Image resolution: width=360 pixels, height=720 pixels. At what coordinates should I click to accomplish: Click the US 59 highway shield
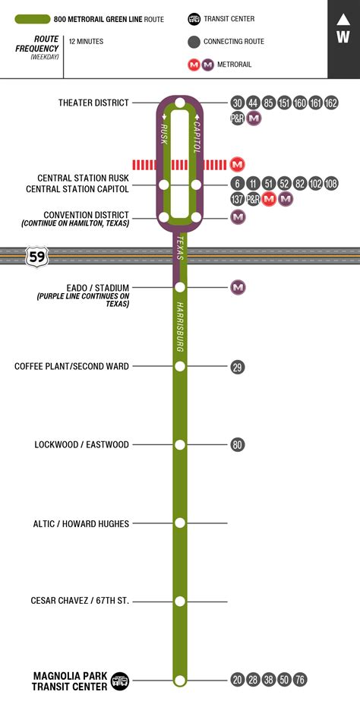tap(36, 257)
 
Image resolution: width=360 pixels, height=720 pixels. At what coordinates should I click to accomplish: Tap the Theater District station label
tap(93, 103)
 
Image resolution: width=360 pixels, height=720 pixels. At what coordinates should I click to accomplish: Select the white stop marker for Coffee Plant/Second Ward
tap(180, 366)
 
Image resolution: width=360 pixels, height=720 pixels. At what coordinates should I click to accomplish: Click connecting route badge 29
tap(238, 367)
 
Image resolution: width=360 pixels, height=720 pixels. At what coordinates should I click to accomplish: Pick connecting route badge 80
tap(238, 444)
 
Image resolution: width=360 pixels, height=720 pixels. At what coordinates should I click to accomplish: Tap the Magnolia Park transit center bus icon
tap(120, 681)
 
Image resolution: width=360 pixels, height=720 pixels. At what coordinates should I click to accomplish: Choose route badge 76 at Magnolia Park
tap(300, 680)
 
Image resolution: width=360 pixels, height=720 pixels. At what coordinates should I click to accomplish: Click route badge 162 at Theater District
tap(331, 103)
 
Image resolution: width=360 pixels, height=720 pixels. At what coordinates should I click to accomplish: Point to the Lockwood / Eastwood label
tap(82, 444)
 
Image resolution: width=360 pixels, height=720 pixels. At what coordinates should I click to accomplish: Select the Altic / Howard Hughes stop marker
tap(180, 523)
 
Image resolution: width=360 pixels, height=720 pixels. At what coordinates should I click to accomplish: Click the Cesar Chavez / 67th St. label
tap(80, 601)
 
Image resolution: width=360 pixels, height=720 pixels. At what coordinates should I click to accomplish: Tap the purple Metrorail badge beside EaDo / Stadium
tap(238, 287)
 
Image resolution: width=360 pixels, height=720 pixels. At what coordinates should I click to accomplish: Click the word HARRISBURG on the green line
tap(181, 327)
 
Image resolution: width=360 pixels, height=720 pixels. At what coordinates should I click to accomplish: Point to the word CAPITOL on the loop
tap(197, 137)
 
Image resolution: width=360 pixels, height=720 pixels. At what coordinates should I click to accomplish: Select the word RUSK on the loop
tap(164, 134)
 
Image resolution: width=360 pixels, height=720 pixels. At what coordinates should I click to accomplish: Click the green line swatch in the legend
tap(33, 19)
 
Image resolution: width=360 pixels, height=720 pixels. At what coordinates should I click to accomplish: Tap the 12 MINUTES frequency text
tap(86, 41)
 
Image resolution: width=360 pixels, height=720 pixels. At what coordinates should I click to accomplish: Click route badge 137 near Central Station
tap(238, 199)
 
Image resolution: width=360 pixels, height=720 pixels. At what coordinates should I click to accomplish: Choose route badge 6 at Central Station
tap(238, 184)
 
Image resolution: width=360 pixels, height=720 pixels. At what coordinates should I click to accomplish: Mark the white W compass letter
tap(343, 36)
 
